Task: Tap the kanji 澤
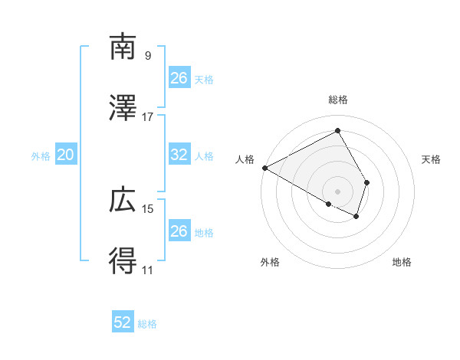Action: pos(123,109)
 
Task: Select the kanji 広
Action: pos(123,201)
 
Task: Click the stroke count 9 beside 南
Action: pos(148,56)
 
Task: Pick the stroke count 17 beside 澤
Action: pos(148,117)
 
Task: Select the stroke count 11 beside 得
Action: pos(148,270)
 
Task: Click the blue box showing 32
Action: pos(179,155)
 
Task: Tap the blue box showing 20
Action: pos(65,155)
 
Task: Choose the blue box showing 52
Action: pos(122,322)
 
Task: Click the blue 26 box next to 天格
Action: pos(179,77)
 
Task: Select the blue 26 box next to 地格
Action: pos(179,231)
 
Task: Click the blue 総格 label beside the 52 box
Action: pos(147,324)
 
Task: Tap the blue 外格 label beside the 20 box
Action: pos(41,156)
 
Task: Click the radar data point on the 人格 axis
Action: pos(264,168)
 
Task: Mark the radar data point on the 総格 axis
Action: pos(337,131)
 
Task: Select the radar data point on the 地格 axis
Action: pos(356,218)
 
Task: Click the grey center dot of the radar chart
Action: pos(337,191)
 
